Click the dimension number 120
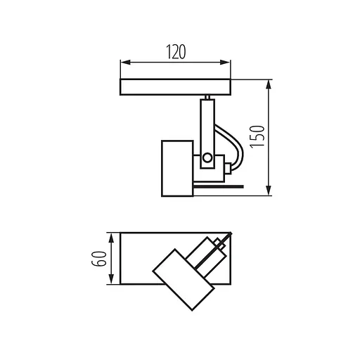pyautogui.click(x=175, y=52)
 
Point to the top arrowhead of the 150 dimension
pyautogui.click(x=269, y=82)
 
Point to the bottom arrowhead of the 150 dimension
pyautogui.click(x=269, y=192)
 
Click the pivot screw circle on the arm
pyautogui.click(x=207, y=158)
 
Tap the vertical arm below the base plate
pyautogui.click(x=207, y=127)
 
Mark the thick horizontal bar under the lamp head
pyautogui.click(x=218, y=188)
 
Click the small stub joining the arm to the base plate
pyautogui.click(x=207, y=97)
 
